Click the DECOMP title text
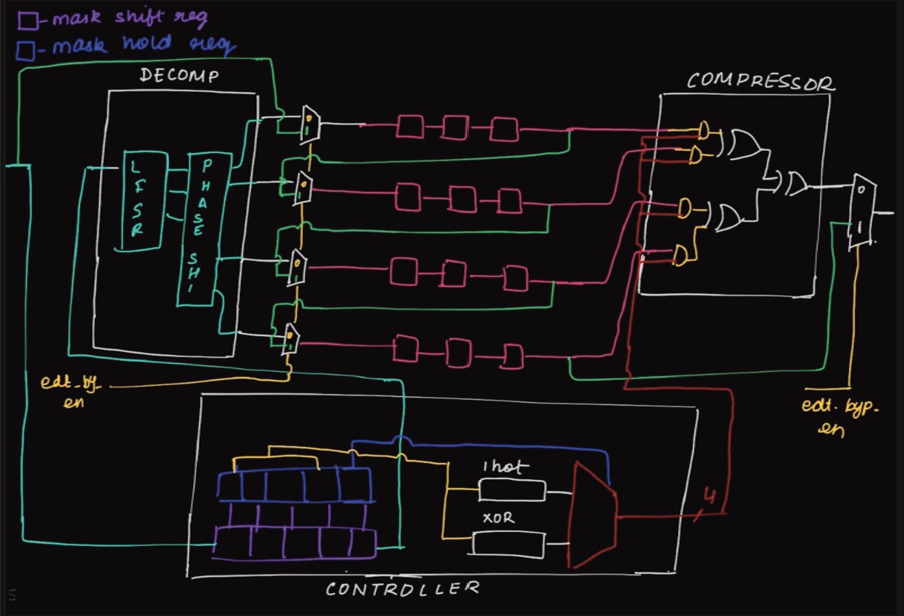click(180, 75)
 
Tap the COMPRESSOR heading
click(760, 82)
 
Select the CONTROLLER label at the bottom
click(402, 589)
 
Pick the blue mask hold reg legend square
click(27, 50)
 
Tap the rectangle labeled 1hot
click(512, 491)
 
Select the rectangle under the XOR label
click(508, 544)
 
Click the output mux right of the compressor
click(861, 211)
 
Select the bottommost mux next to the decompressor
click(292, 338)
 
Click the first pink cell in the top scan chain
click(409, 126)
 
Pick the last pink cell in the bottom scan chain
click(511, 356)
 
